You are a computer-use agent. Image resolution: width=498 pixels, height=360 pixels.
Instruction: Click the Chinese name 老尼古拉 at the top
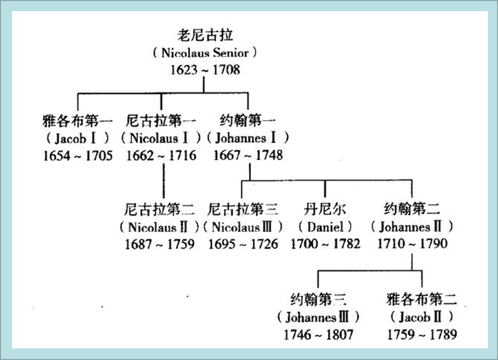(x=205, y=35)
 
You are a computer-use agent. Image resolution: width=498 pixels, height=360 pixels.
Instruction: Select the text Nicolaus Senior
(x=205, y=53)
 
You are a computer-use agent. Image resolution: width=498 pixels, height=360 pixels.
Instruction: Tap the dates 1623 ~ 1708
(x=205, y=70)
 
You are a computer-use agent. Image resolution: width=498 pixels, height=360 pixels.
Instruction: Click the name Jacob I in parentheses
(x=77, y=138)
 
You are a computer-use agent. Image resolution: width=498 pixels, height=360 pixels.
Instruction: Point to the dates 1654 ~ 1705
(x=77, y=156)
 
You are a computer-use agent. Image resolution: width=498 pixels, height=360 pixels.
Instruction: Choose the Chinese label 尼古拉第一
(x=161, y=120)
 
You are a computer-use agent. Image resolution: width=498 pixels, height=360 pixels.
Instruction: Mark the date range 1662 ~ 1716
(x=161, y=156)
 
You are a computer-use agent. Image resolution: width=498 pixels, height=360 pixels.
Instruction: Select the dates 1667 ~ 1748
(x=248, y=156)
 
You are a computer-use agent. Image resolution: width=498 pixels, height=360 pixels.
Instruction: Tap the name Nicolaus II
(x=159, y=226)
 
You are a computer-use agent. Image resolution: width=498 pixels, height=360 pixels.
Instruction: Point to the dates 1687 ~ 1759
(x=159, y=244)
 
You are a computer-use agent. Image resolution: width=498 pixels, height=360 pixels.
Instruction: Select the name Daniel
(x=325, y=226)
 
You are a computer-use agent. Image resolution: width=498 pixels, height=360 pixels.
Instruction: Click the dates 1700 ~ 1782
(x=325, y=244)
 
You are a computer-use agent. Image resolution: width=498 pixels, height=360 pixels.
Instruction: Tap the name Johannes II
(x=412, y=226)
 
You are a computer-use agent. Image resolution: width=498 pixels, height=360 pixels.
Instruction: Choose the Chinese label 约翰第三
(x=318, y=300)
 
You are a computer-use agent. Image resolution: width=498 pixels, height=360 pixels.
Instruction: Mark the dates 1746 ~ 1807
(x=318, y=334)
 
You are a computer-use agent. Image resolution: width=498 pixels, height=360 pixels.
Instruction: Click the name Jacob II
(x=422, y=317)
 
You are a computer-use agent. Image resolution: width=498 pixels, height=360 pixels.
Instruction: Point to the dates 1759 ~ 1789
(x=422, y=334)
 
